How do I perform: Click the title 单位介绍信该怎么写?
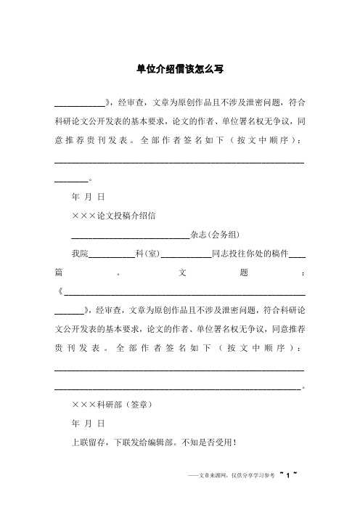click(180, 69)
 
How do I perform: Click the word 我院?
click(79, 254)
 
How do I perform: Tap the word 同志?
click(221, 254)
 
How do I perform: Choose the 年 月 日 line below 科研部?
click(89, 422)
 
